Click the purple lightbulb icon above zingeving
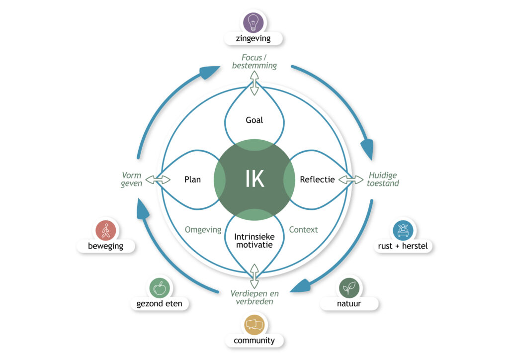(254, 23)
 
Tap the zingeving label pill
(254, 38)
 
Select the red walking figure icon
(106, 231)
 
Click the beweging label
(106, 246)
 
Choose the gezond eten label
(160, 303)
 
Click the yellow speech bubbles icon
(254, 325)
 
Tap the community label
(254, 341)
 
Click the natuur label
(349, 303)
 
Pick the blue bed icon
(403, 231)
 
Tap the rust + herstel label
(403, 246)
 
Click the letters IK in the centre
(254, 180)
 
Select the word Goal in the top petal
(254, 120)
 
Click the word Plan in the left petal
(192, 180)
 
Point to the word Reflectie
(317, 180)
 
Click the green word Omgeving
(203, 230)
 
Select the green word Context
(303, 230)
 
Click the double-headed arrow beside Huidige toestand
(351, 180)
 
